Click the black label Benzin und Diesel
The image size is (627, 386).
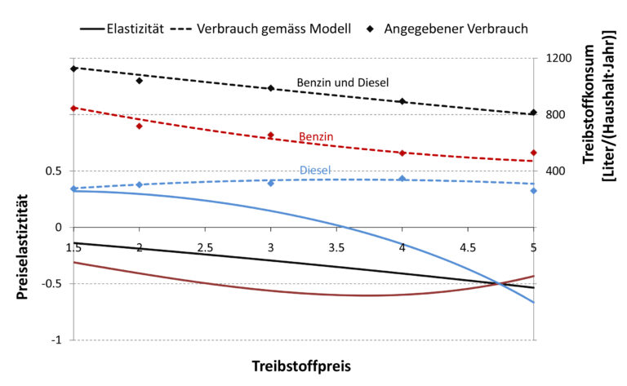pos(342,82)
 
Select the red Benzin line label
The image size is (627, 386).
pos(316,136)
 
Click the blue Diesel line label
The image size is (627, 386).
pos(315,171)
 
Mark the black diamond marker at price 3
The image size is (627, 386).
pos(271,88)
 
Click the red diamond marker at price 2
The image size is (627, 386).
pos(140,126)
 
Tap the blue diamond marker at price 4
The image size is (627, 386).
pos(402,179)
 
